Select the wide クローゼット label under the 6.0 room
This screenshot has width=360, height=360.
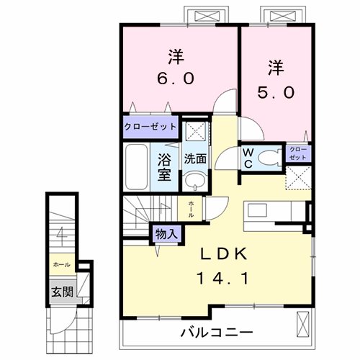(x=150, y=126)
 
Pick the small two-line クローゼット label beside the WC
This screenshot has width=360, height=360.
(x=298, y=153)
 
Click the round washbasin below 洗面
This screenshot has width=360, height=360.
(x=192, y=180)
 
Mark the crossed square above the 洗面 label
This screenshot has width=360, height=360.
(x=192, y=132)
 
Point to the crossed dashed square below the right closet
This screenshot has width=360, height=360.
(x=298, y=177)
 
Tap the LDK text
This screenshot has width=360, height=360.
(x=225, y=254)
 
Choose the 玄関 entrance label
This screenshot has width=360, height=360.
(x=60, y=292)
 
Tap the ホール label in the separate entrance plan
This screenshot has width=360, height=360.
(x=61, y=265)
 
